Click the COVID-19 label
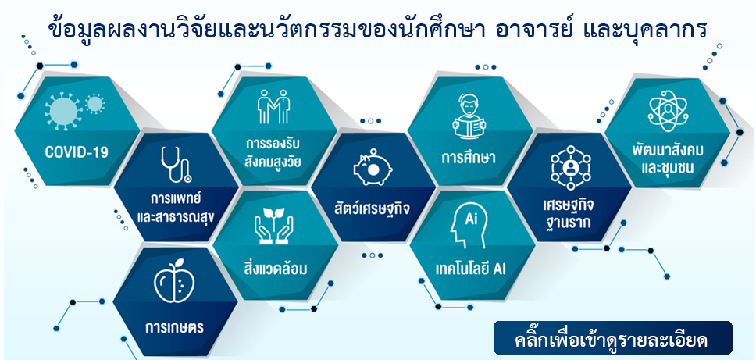point(77,153)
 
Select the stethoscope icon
point(176,165)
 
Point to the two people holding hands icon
point(273,106)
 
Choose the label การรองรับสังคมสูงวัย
point(273,153)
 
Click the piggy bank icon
point(373,167)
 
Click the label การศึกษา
point(469,158)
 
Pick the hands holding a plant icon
point(274,226)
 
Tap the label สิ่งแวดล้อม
point(276,268)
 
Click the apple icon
point(174,281)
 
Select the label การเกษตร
point(174,329)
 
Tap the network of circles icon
point(571,167)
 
